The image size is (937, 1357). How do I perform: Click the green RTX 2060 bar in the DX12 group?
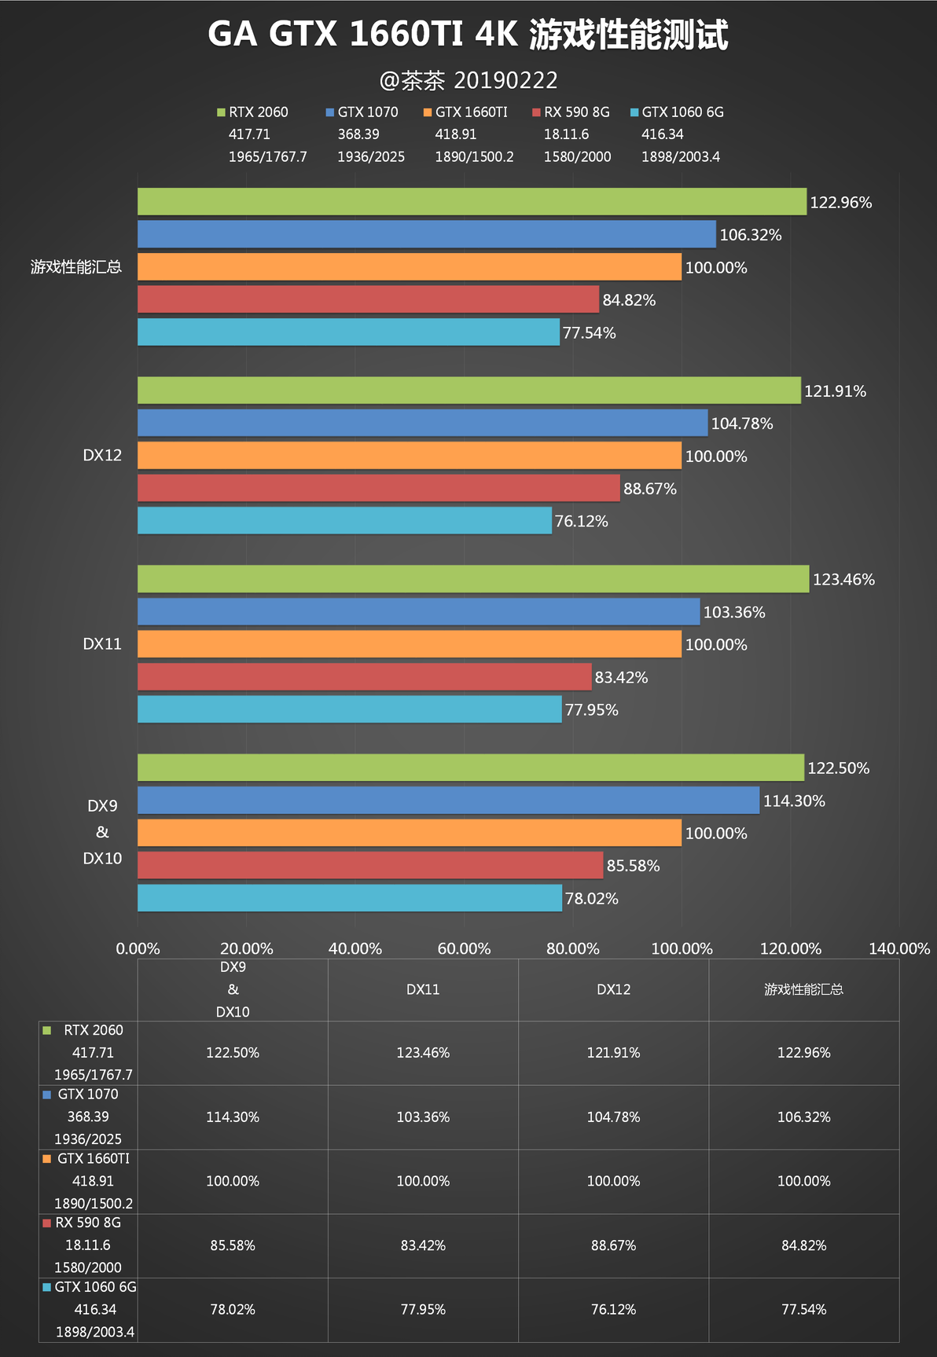(x=469, y=391)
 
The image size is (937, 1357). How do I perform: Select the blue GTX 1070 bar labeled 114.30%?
(x=448, y=801)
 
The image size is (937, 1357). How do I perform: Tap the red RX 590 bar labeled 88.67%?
(x=379, y=488)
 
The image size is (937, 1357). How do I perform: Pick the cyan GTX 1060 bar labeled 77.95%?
(x=350, y=710)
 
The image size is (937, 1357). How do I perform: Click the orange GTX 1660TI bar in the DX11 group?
(x=410, y=644)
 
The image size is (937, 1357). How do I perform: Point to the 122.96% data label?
(x=840, y=203)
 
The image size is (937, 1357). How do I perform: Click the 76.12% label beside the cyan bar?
(x=581, y=522)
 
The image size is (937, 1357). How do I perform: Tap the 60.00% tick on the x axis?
(x=464, y=948)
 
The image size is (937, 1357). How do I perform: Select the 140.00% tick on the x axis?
(x=898, y=948)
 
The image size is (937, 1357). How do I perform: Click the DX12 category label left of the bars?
(x=102, y=456)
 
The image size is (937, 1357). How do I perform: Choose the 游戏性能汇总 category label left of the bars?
(x=76, y=267)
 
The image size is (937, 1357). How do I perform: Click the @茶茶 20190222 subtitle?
(x=468, y=80)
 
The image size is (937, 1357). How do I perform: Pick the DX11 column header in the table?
(x=423, y=990)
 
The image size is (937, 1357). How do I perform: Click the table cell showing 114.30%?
(x=233, y=1117)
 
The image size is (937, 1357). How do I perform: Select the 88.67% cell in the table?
(x=613, y=1245)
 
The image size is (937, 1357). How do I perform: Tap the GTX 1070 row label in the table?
(x=87, y=1095)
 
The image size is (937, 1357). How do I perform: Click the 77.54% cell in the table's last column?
(x=803, y=1310)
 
